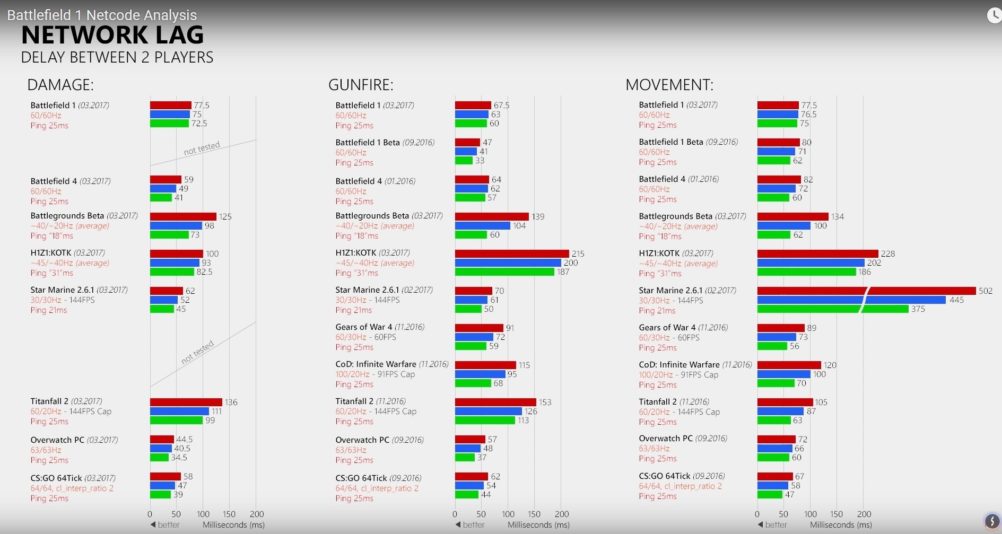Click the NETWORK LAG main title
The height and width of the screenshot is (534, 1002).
[112, 35]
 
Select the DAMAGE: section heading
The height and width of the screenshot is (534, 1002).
[60, 85]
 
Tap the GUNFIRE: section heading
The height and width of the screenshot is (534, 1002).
[361, 85]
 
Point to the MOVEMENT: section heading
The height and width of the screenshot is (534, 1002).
[669, 85]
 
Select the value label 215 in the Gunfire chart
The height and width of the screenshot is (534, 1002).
[578, 254]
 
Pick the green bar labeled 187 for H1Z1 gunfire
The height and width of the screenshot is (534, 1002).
[504, 272]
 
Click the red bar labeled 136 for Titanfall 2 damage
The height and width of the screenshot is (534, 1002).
[186, 402]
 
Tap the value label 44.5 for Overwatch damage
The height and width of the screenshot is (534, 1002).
[185, 440]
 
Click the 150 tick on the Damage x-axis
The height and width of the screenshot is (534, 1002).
[229, 514]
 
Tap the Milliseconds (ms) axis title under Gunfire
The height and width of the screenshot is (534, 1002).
[538, 524]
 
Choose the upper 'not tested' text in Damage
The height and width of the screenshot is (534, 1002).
[202, 148]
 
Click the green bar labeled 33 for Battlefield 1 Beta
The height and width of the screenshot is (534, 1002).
[464, 160]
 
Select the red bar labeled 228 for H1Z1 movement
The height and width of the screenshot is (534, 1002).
[817, 254]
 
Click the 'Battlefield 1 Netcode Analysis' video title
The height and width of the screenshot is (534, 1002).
[102, 15]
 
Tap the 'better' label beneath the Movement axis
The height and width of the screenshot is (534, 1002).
[776, 524]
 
